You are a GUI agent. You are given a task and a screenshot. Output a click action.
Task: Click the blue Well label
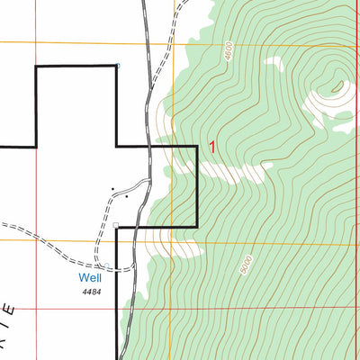point(89,279)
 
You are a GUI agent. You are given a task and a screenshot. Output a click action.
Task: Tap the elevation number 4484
point(90,292)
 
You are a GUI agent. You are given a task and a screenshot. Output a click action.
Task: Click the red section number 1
point(212,147)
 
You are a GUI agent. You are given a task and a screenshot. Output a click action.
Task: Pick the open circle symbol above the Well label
point(106,265)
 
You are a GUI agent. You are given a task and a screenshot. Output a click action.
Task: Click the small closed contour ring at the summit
point(338,87)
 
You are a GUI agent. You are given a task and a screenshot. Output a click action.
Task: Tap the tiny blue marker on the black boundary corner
point(116,65)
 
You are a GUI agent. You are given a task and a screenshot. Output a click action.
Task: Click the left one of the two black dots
point(113,189)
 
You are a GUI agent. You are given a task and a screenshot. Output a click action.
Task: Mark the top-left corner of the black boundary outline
point(35,66)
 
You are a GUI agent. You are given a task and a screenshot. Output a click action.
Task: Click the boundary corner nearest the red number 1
point(197,146)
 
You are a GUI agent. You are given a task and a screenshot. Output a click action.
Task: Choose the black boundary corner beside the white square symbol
point(117,226)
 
